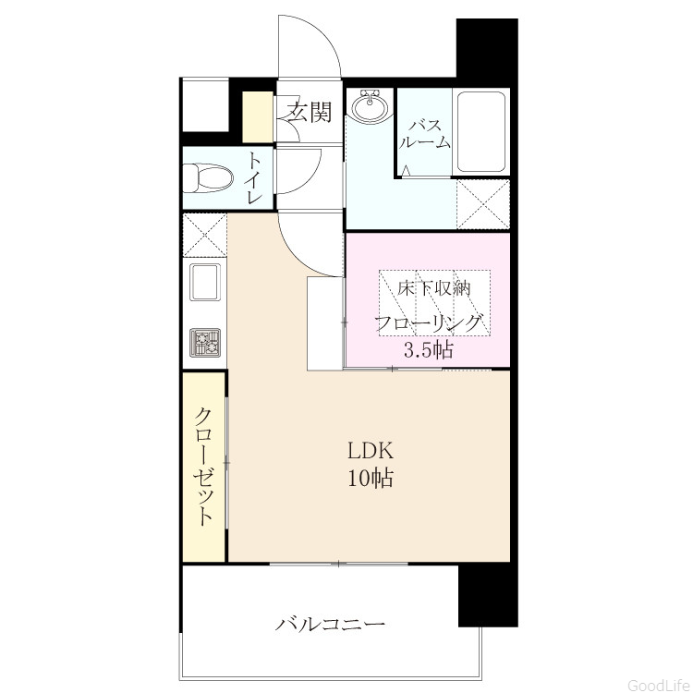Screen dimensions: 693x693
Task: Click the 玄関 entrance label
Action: click(x=310, y=112)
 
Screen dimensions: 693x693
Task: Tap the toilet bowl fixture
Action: click(x=208, y=178)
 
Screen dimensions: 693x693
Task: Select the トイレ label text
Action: click(x=255, y=178)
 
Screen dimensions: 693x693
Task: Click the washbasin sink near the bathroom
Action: click(x=370, y=105)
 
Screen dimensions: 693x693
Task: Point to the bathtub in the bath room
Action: click(x=481, y=132)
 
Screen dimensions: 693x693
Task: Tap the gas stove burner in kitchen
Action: click(x=205, y=342)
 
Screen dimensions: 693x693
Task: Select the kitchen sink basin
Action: click(x=205, y=281)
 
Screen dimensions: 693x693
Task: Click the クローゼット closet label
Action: click(x=204, y=467)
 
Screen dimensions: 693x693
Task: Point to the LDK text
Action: click(x=371, y=451)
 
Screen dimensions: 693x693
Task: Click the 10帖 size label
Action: click(x=371, y=478)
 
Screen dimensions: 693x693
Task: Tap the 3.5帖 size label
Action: click(x=428, y=349)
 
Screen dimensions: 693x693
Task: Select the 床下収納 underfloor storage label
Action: click(x=433, y=288)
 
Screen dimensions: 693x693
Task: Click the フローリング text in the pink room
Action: click(x=428, y=322)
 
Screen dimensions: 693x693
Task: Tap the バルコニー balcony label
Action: click(x=331, y=625)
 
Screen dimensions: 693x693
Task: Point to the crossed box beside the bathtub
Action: click(x=483, y=204)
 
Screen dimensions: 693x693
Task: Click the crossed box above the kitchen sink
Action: click(x=204, y=235)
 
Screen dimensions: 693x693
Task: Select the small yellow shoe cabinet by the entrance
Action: click(x=258, y=117)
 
